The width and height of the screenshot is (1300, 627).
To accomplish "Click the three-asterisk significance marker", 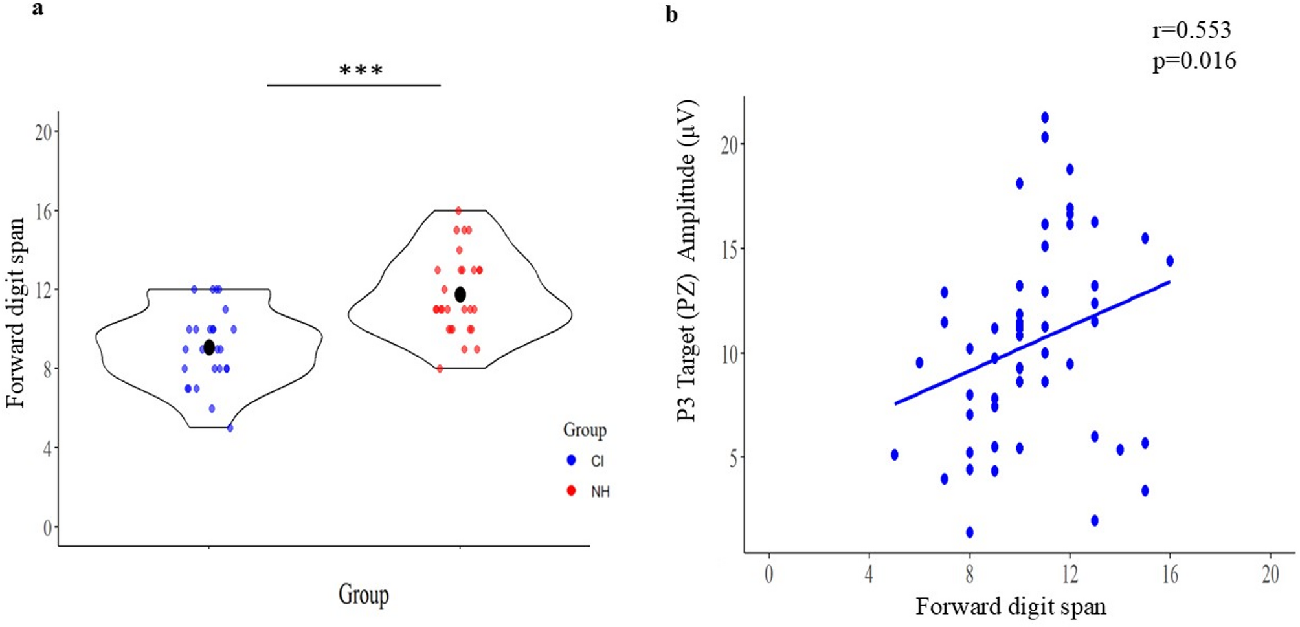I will tap(361, 70).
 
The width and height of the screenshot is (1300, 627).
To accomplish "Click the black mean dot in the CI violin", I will tap(208, 347).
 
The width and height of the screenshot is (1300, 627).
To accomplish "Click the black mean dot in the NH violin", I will tap(460, 295).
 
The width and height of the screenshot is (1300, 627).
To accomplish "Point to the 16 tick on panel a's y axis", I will tap(43, 211).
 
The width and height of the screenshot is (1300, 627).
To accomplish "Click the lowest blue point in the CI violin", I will tap(230, 428).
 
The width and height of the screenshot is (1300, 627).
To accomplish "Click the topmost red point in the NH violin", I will tap(458, 210).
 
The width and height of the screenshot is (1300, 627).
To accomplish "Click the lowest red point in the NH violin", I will tap(440, 369).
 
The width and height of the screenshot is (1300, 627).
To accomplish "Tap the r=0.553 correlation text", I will tap(1191, 30).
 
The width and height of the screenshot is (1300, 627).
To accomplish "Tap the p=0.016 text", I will tap(1194, 61).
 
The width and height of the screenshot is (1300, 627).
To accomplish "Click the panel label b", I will tap(671, 15).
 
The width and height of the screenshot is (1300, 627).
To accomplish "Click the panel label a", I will tap(38, 8).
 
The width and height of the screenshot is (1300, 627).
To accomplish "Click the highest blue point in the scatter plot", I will tap(1045, 118).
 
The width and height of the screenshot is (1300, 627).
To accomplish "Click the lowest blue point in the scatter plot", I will tap(970, 532).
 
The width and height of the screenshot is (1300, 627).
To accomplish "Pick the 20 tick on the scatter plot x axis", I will tap(1270, 574).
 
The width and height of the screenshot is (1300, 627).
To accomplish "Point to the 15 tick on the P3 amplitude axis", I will tap(729, 249).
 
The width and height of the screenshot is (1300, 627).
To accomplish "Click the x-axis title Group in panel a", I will tap(363, 594).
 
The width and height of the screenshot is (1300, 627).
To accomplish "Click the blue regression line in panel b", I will tap(1032, 343).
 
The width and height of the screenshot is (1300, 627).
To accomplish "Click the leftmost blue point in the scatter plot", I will tap(895, 455).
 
